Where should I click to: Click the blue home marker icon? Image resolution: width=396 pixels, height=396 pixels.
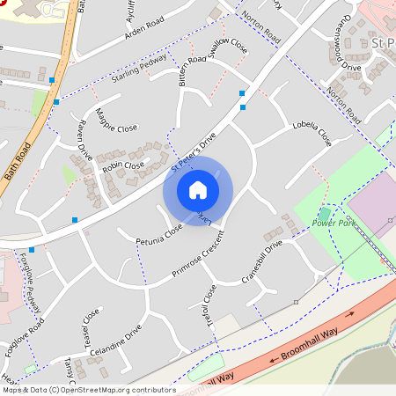click(198, 190)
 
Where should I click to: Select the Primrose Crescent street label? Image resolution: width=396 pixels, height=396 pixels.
click(198, 257)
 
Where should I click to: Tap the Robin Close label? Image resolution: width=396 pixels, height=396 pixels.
click(122, 165)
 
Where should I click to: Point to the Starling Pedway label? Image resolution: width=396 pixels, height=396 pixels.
click(139, 70)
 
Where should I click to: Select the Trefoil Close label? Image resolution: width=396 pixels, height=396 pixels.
click(209, 304)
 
